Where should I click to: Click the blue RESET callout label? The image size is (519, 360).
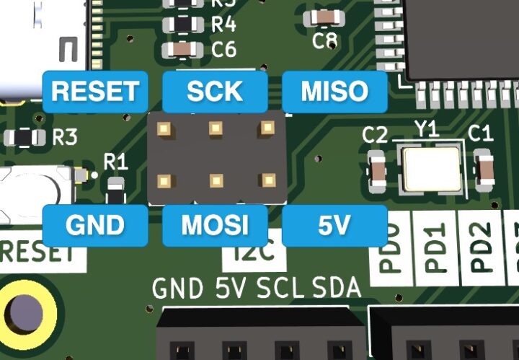pyautogui.click(x=94, y=92)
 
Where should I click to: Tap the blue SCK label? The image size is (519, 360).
pyautogui.click(x=214, y=92)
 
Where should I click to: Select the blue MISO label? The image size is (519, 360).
pyautogui.click(x=334, y=92)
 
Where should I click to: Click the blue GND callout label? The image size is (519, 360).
pyautogui.click(x=94, y=226)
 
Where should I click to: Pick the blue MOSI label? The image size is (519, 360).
pyautogui.click(x=214, y=226)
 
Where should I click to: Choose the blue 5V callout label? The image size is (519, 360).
pyautogui.click(x=334, y=226)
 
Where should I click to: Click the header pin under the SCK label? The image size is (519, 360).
pyautogui.click(x=216, y=129)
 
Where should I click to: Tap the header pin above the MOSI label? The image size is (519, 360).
pyautogui.click(x=216, y=180)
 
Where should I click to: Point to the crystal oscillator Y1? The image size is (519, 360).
pyautogui.click(x=431, y=169)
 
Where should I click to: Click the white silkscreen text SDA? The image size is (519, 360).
pyautogui.click(x=337, y=289)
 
